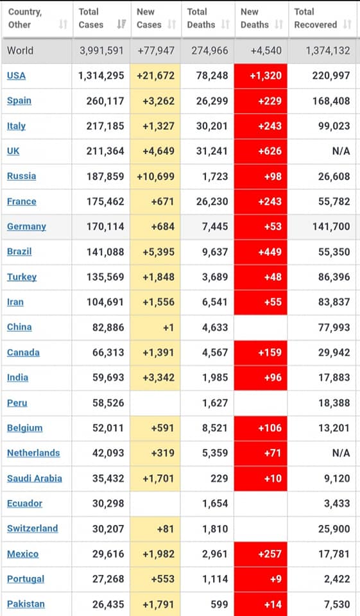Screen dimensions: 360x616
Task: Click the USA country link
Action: [x=16, y=76]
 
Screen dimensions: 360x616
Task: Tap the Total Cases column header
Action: [x=90, y=18]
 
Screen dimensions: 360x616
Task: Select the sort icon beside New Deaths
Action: [x=279, y=24]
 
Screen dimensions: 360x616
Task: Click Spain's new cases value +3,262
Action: [x=159, y=101]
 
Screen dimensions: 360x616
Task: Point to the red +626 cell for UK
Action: [x=261, y=151]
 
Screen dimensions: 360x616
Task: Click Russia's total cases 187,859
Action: [x=105, y=176]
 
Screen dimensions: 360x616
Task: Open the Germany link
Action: [x=26, y=227]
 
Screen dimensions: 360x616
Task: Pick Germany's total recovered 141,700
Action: [x=331, y=227]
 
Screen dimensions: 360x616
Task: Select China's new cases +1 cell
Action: [x=156, y=327]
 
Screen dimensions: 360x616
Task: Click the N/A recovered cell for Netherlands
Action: [x=341, y=453]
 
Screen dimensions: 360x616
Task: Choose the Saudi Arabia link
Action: [x=35, y=478]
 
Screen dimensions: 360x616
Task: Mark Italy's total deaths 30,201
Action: [x=212, y=126]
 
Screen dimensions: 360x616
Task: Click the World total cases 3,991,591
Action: [x=101, y=51]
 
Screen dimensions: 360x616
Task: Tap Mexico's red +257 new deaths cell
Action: [x=261, y=554]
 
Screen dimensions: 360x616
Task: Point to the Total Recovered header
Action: [x=316, y=18]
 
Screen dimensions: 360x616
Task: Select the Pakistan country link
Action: [x=26, y=604]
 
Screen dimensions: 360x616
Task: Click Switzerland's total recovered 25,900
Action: [x=334, y=529]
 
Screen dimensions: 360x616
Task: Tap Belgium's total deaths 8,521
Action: [x=215, y=428]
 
